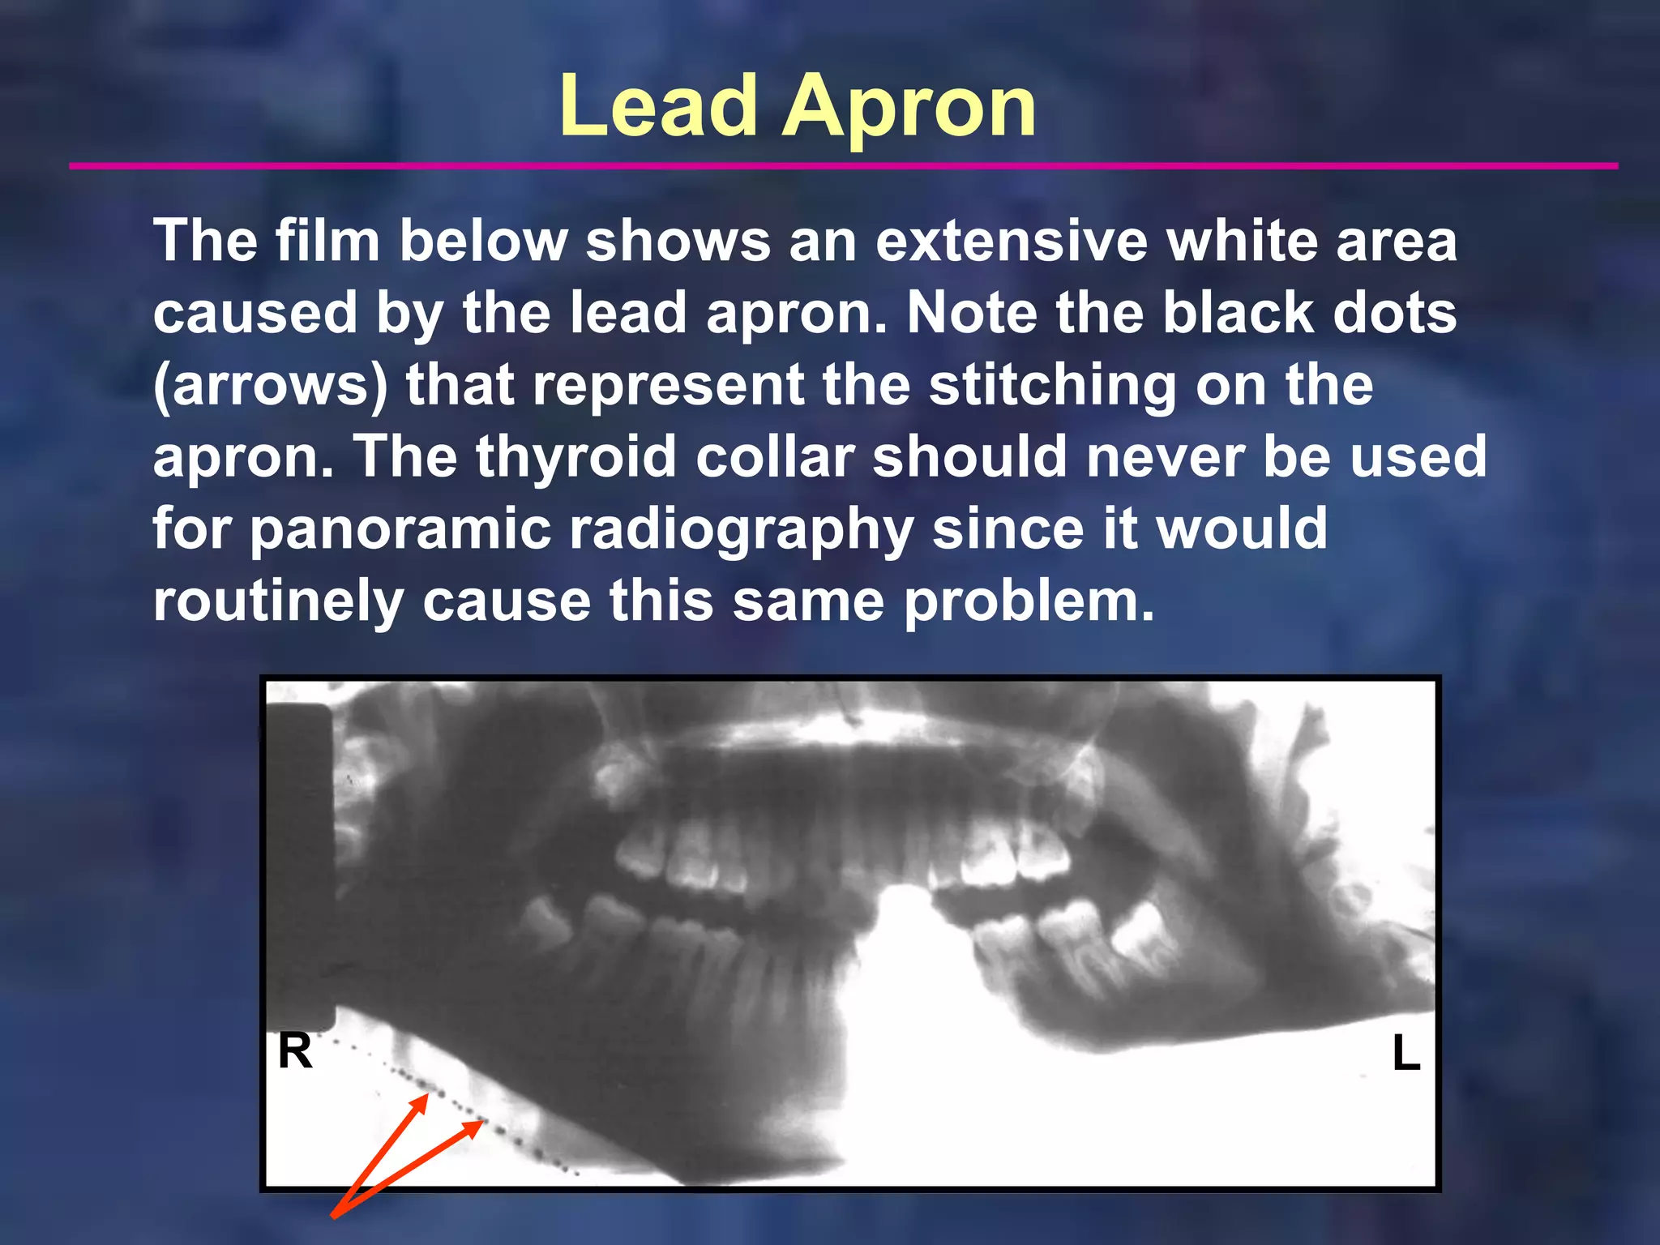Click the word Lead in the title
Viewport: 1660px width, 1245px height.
(657, 106)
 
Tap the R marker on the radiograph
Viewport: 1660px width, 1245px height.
(295, 1052)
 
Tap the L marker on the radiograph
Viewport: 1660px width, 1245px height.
(1406, 1054)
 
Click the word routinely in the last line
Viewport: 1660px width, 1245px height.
(278, 601)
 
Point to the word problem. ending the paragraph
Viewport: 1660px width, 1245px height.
(1029, 601)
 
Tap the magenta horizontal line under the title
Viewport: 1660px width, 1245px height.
(843, 166)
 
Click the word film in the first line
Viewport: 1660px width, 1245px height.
(327, 241)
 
